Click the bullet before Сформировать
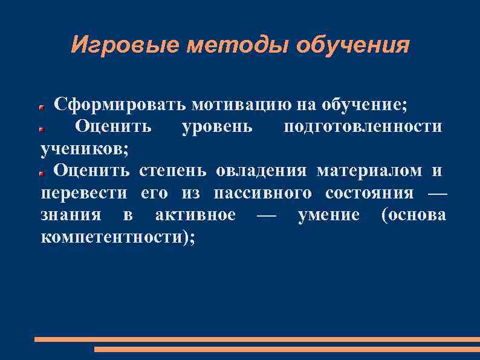tap(42, 106)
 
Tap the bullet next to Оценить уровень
tap(42, 129)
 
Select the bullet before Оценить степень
tap(42, 173)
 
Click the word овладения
tap(261, 171)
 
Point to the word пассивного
tap(263, 194)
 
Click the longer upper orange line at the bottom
tap(257, 339)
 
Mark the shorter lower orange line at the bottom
tap(287, 350)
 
